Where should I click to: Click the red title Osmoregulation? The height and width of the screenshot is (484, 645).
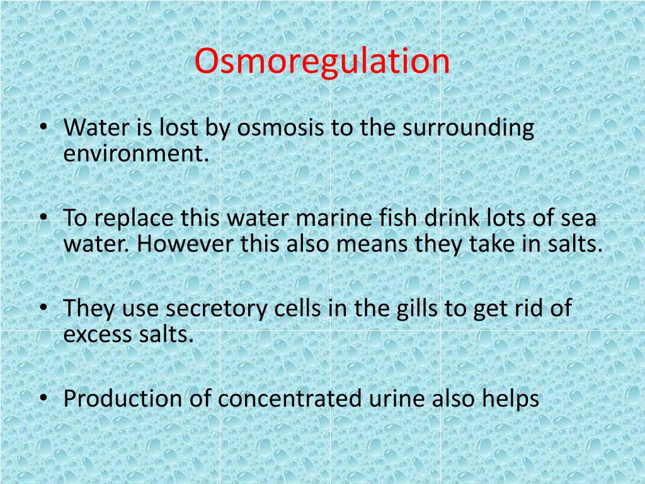coord(322,61)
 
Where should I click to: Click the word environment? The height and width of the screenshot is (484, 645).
coord(135,153)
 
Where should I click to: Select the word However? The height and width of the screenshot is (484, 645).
coord(186,244)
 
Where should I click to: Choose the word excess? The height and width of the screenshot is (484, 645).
coord(96,335)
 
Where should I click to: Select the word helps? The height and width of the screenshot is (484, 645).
coord(510,400)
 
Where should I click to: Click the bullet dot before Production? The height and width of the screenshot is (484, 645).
coord(43,398)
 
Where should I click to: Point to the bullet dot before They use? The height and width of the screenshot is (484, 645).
coord(43,309)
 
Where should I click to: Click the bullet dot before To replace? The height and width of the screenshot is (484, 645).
coord(43,218)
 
